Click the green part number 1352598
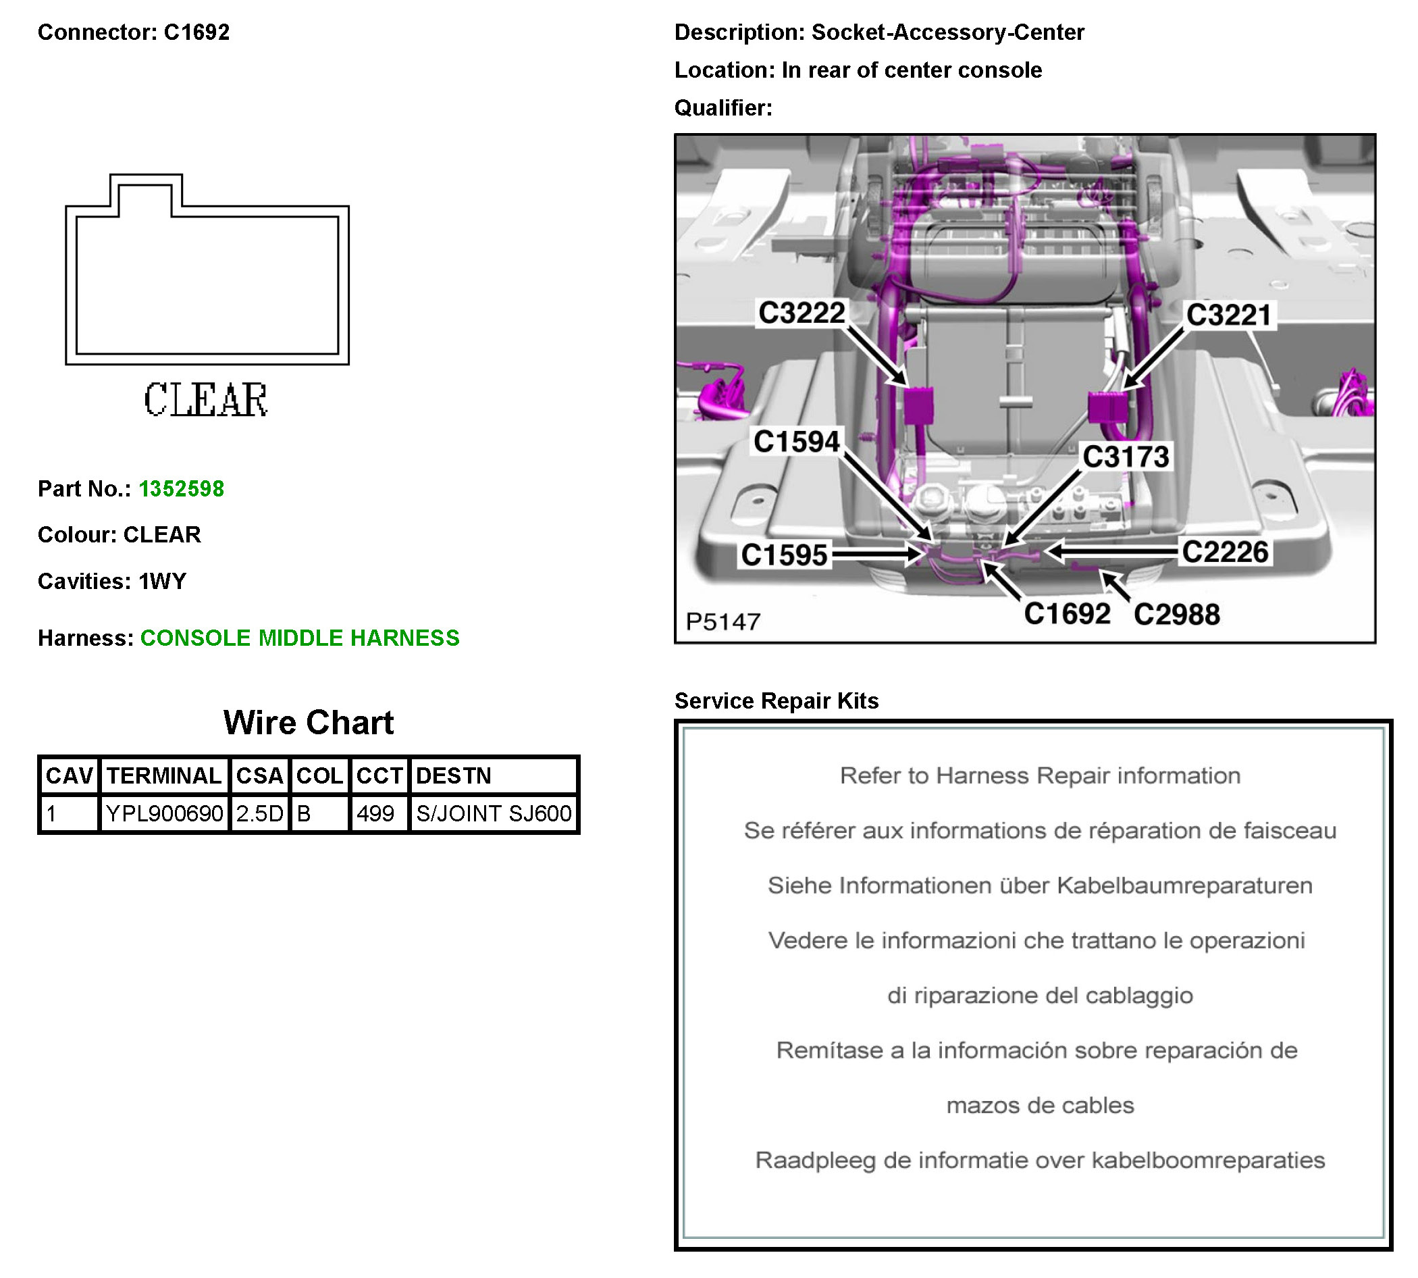click(181, 489)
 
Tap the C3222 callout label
click(802, 313)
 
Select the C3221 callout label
click(1228, 315)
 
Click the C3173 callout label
click(1125, 457)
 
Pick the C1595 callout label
click(784, 555)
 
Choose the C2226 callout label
click(1225, 553)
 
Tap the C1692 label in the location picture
click(1067, 615)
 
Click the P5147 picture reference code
click(723, 622)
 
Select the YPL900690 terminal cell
click(164, 814)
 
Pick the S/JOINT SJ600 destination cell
click(494, 814)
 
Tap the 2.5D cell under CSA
click(259, 814)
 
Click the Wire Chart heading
click(308, 723)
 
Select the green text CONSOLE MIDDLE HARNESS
click(300, 638)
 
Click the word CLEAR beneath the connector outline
click(206, 401)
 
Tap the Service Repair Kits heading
click(777, 700)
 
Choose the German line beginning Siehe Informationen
click(1040, 886)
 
